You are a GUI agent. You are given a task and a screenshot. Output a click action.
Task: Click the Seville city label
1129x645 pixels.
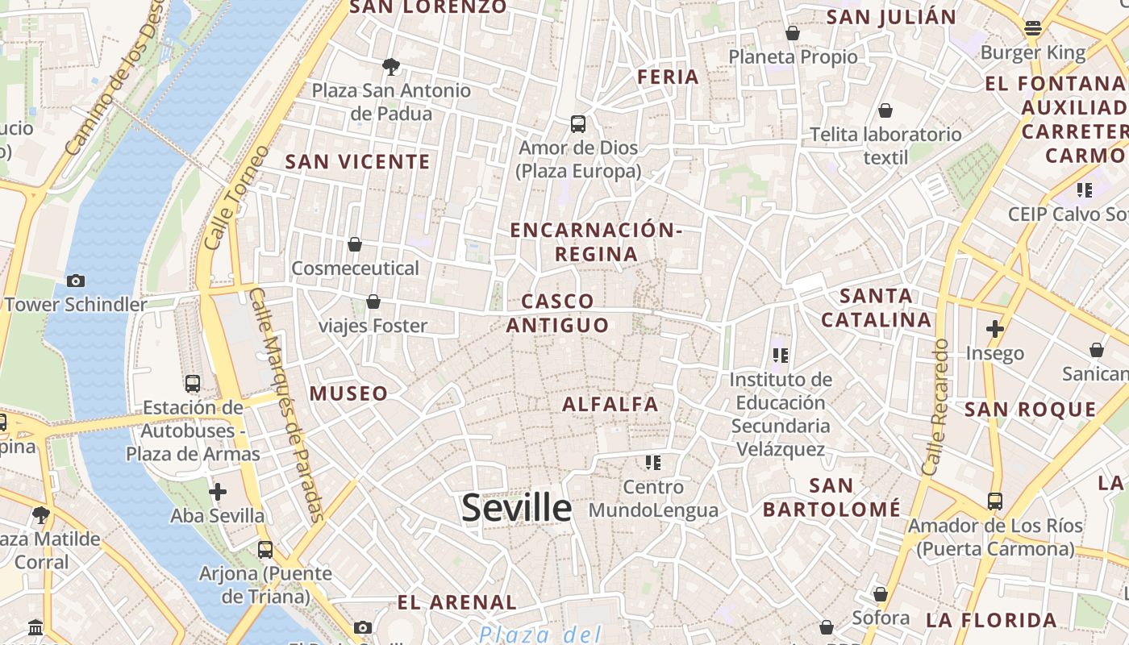coord(517,508)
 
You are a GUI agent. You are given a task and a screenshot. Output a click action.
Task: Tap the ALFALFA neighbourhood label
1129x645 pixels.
coord(610,404)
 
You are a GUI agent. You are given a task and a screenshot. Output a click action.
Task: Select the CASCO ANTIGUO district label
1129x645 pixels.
coord(557,313)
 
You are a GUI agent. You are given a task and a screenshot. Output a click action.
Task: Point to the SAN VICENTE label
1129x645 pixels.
coord(358,161)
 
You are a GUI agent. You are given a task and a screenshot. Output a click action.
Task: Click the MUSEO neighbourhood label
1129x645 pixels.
coord(349,393)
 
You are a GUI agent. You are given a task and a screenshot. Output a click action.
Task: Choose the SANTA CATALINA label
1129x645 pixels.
coord(876,307)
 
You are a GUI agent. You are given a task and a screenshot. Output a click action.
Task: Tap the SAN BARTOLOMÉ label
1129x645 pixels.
coord(831,497)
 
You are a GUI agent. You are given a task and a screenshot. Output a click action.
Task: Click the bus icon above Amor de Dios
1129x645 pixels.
coord(578,124)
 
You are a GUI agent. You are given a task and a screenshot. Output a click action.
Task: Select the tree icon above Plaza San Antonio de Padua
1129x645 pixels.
coord(391,66)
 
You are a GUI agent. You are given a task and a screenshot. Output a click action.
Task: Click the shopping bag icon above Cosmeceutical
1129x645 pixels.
coord(355,244)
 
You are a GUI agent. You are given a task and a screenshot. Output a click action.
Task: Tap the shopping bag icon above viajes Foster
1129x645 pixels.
coord(373,302)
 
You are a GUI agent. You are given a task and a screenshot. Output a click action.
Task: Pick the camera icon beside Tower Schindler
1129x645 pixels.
coord(76,281)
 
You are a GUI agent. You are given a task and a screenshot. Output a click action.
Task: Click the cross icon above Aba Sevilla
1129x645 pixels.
coord(217,492)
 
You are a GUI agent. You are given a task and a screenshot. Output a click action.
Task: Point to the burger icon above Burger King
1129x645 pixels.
coord(1033,29)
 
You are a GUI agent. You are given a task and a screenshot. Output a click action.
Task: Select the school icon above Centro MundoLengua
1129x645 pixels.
coord(653,463)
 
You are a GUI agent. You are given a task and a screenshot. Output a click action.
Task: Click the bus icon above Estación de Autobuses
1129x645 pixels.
coord(193,384)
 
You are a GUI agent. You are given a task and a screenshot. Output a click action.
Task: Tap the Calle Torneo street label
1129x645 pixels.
coord(236,197)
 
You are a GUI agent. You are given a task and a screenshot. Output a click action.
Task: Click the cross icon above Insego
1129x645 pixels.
coord(995,329)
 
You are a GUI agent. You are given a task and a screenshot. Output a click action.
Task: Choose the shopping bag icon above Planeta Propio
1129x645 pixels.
coord(793,33)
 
